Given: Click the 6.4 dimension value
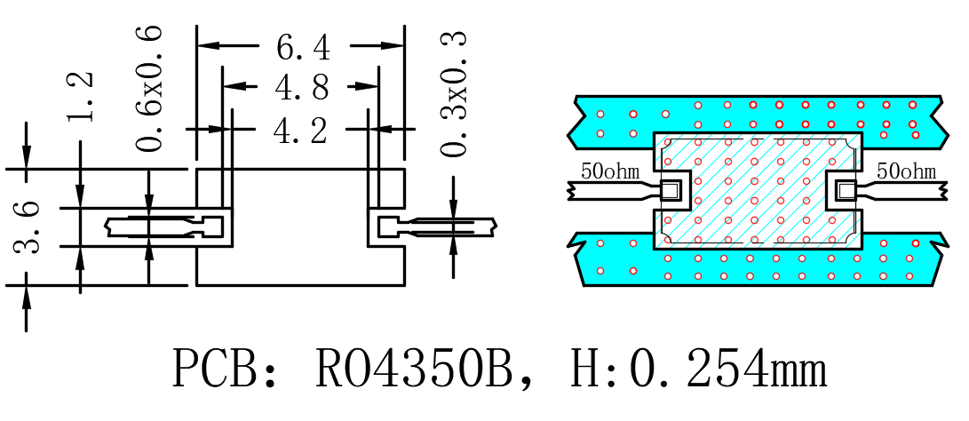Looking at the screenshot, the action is [303, 48].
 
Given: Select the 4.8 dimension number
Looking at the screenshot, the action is [302, 89].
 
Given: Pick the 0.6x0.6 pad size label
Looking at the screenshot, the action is [150, 89].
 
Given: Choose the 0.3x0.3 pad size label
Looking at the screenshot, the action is [454, 93].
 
